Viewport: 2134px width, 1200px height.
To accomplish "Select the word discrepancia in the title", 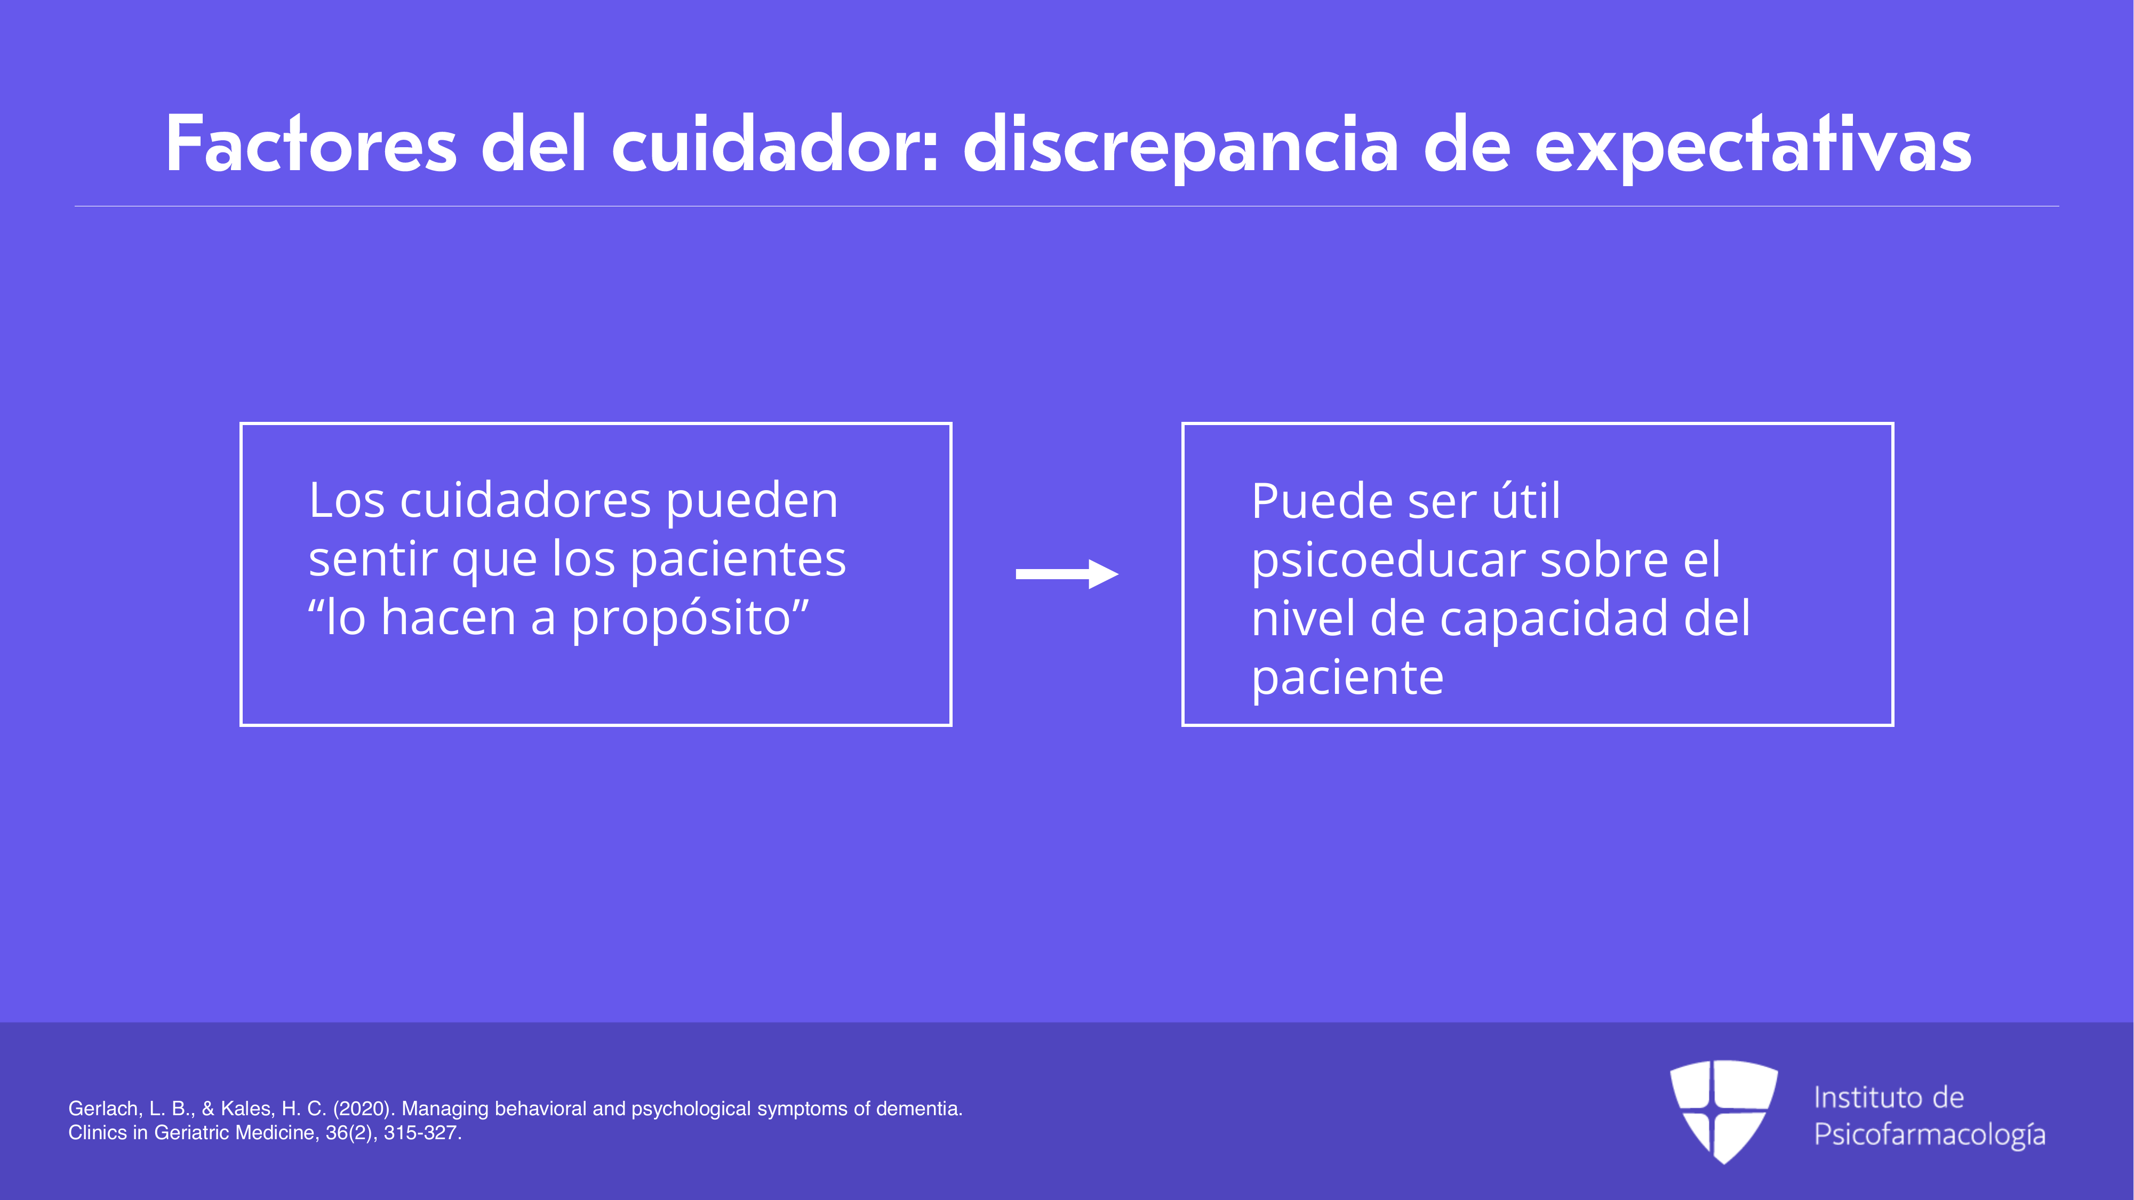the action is coord(1180,147).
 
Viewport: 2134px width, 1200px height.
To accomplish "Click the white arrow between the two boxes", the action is coord(1067,574).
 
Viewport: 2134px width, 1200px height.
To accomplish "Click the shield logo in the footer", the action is coord(1723,1111).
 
